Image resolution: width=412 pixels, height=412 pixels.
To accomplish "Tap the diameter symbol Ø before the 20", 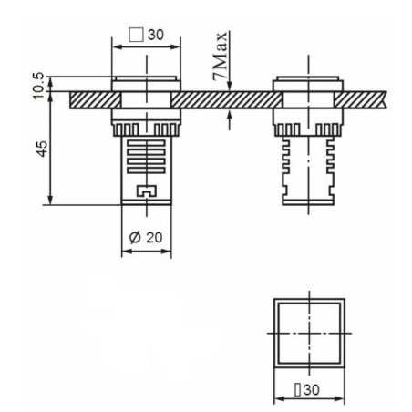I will tap(135, 236).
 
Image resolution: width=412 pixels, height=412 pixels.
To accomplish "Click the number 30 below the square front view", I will tap(314, 389).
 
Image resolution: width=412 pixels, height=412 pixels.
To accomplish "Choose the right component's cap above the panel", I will tap(310, 84).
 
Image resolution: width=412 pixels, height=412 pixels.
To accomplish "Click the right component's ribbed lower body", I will tap(310, 169).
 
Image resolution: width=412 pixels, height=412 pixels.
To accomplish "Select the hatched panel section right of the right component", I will tap(369, 96).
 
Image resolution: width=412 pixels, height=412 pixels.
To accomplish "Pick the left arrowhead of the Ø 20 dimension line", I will tap(124, 251).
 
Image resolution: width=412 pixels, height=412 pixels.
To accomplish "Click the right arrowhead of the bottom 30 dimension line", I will tap(344, 398).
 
